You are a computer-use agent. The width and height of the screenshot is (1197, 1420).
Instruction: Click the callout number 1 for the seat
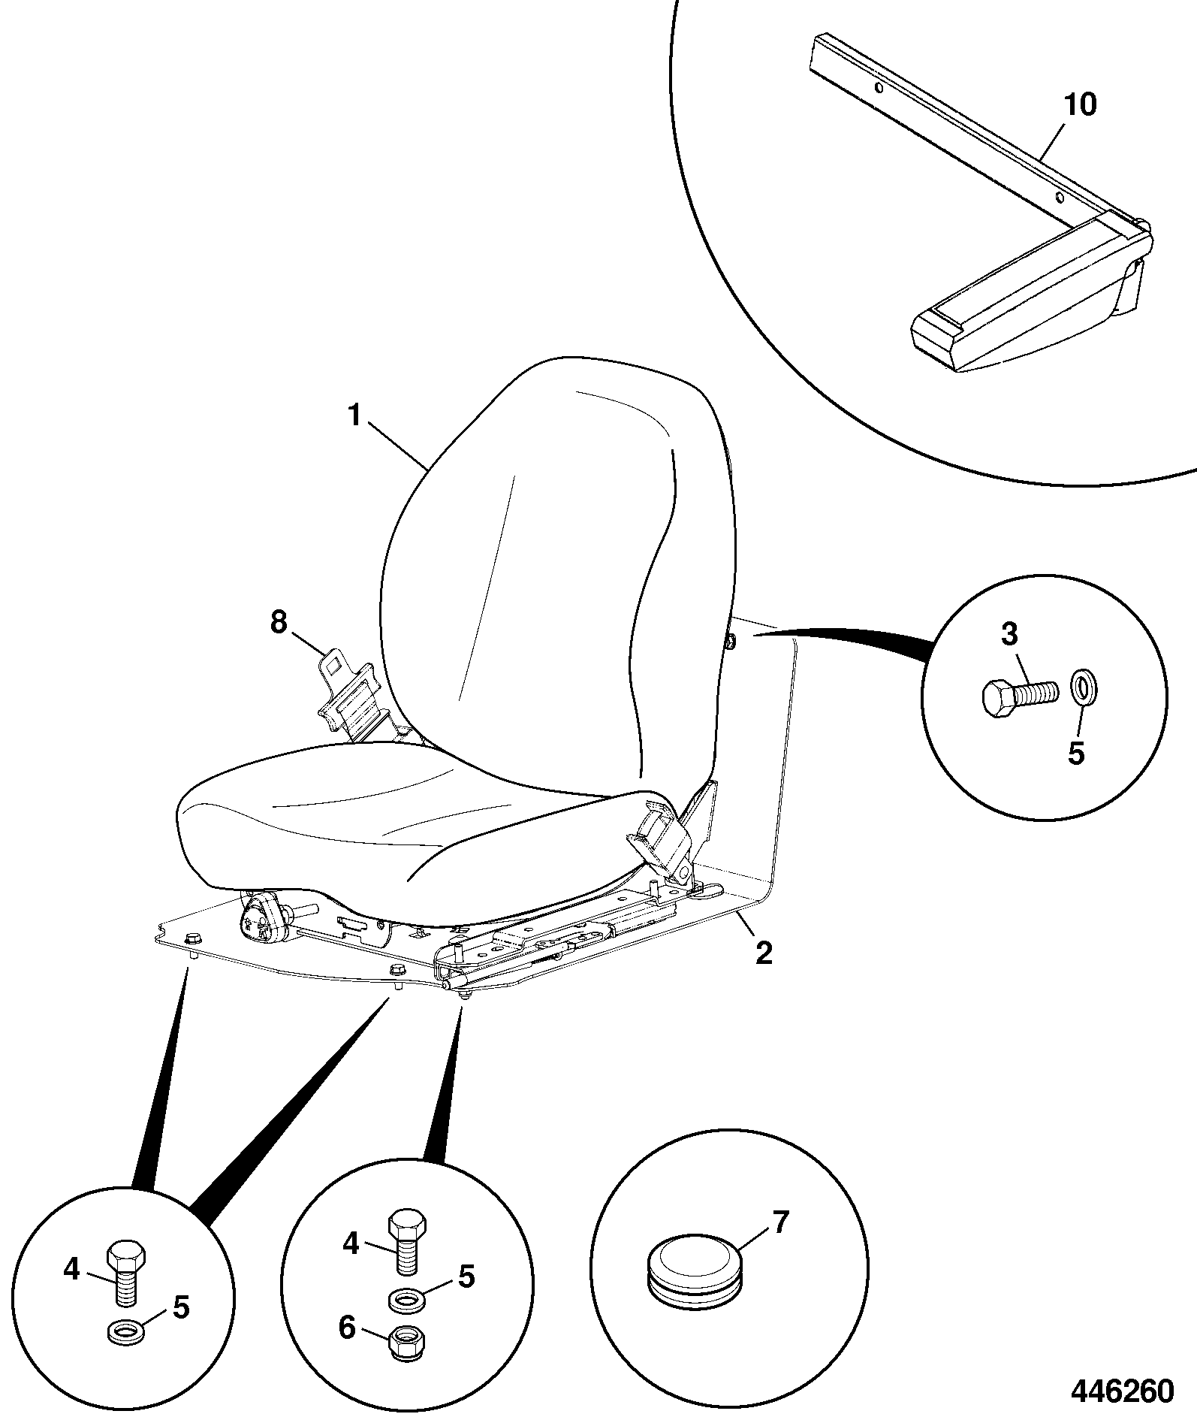(x=355, y=415)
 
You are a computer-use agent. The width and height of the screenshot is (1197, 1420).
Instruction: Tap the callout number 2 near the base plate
(x=763, y=953)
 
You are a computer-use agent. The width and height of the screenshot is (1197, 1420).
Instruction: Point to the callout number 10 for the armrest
(x=1080, y=104)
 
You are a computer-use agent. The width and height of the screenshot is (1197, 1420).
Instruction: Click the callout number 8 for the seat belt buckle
(x=279, y=622)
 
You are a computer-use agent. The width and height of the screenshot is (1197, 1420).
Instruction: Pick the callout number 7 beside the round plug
(x=781, y=1222)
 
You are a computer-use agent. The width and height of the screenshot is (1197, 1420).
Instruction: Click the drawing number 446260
(x=1121, y=1390)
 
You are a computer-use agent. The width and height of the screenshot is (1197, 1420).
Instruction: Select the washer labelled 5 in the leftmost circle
(x=124, y=1333)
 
